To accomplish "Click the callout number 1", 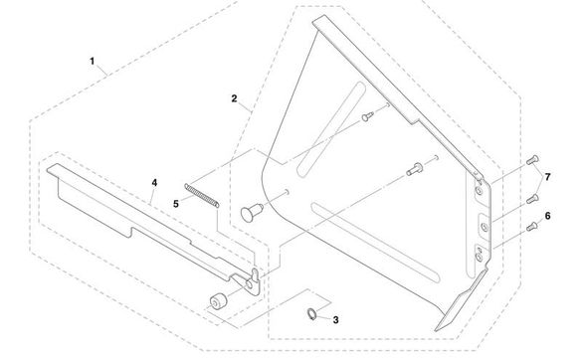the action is click(x=93, y=62).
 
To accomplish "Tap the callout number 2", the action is click(x=233, y=98).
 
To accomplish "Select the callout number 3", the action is click(x=335, y=320).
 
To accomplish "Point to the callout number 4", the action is click(x=154, y=183).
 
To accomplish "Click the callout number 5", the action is click(x=177, y=202).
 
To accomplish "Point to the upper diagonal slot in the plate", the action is click(x=340, y=108).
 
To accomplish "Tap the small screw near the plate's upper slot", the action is click(x=367, y=117).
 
